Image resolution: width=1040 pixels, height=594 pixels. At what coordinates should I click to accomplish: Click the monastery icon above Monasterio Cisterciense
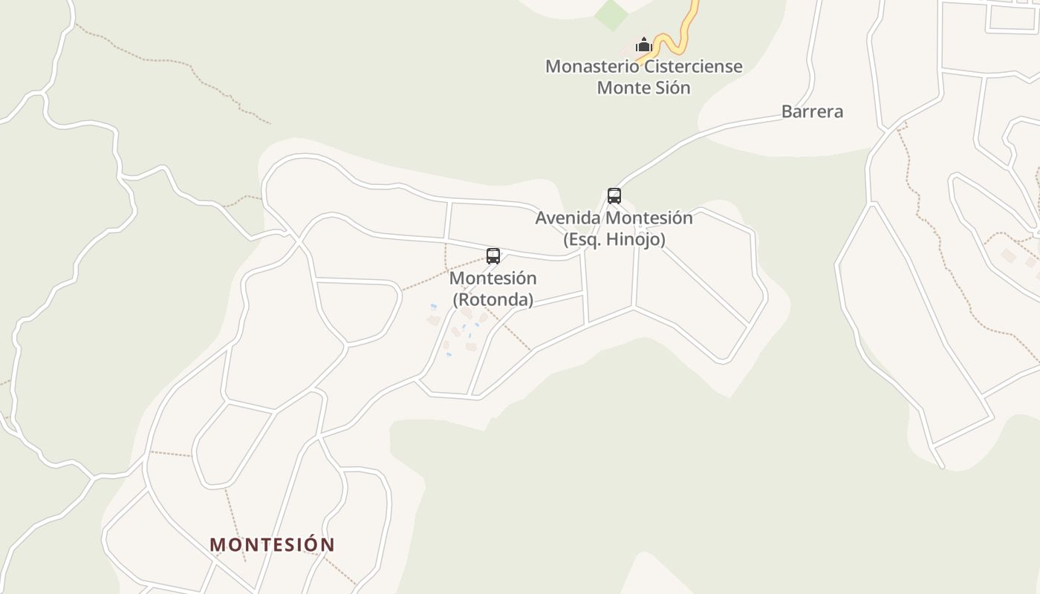(643, 45)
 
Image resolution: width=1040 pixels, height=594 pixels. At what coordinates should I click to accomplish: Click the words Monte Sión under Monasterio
(644, 88)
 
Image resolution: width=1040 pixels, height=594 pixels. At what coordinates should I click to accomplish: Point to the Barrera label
(812, 111)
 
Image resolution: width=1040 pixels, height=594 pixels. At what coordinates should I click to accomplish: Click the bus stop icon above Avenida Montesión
(614, 196)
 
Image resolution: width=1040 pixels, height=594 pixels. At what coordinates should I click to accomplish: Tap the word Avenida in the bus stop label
(568, 218)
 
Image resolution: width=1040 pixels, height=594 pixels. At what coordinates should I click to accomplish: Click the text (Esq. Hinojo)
(614, 240)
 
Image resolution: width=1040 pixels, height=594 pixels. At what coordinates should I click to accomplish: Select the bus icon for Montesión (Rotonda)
(493, 256)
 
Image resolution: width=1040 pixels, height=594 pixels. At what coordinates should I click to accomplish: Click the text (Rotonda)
(493, 300)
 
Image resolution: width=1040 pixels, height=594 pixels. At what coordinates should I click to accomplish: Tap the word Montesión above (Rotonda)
(493, 278)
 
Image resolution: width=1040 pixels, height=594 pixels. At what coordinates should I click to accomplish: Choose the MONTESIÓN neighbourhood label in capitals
(272, 544)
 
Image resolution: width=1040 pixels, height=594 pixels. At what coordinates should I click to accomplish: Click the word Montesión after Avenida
(649, 218)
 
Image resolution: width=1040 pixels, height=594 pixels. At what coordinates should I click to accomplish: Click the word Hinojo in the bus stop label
(638, 240)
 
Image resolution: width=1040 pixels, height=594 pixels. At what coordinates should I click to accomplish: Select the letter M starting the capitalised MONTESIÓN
(217, 544)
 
